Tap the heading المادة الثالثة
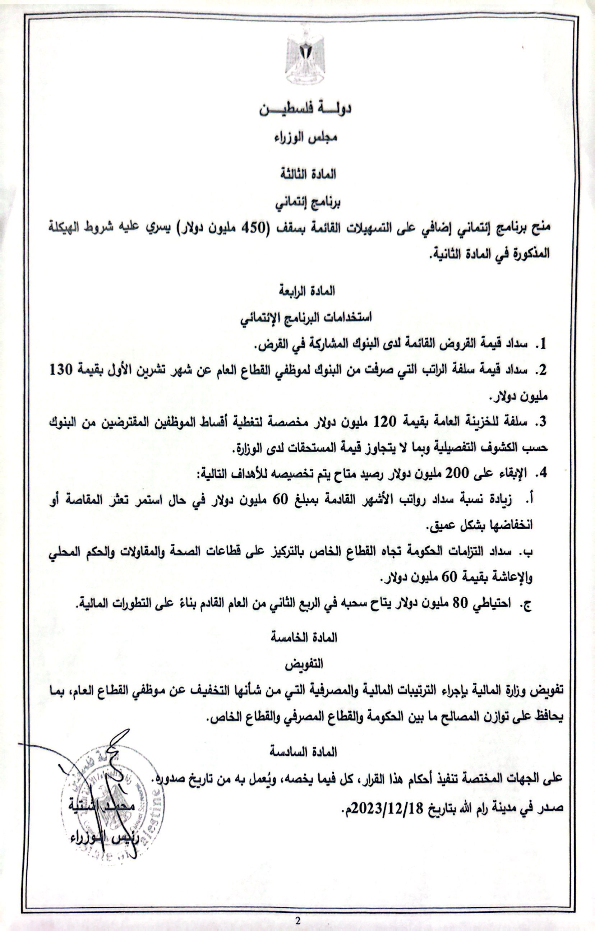(x=308, y=175)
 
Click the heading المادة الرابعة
(x=307, y=292)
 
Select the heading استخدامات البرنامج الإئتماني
(x=306, y=319)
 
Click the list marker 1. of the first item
(x=543, y=344)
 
